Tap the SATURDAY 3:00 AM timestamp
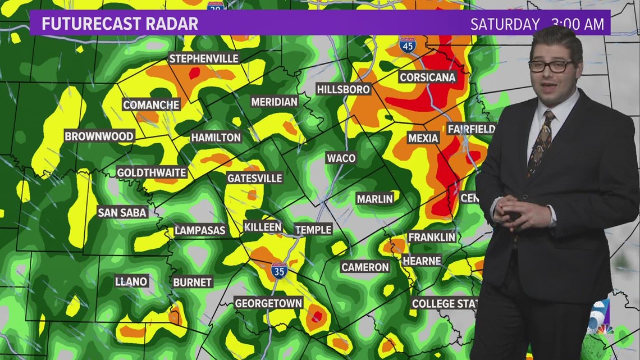pyautogui.click(x=537, y=24)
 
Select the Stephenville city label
pyautogui.click(x=204, y=58)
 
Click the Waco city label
pyautogui.click(x=341, y=158)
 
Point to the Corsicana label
pyautogui.click(x=427, y=78)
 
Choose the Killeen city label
pyautogui.click(x=263, y=227)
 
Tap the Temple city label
pyautogui.click(x=313, y=229)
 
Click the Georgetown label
pyautogui.click(x=268, y=303)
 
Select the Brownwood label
pyautogui.click(x=99, y=136)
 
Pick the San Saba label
pyautogui.click(x=122, y=212)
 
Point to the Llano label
pyautogui.click(x=131, y=281)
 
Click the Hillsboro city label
pyautogui.click(x=343, y=89)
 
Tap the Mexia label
pyautogui.click(x=423, y=138)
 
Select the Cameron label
pyautogui.click(x=365, y=267)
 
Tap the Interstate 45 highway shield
pyautogui.click(x=408, y=46)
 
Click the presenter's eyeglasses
pyautogui.click(x=550, y=66)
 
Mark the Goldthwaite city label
pyautogui.click(x=152, y=172)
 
